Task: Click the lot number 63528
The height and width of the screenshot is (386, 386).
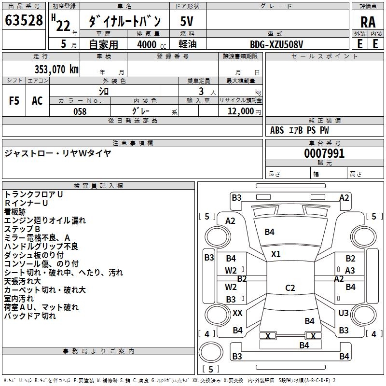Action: point(24,20)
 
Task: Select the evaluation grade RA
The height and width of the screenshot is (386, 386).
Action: point(368,22)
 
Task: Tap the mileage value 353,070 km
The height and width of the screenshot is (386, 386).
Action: point(56,69)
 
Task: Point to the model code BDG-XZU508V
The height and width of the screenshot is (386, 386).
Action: point(276,44)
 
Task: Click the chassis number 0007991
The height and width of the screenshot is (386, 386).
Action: point(324,153)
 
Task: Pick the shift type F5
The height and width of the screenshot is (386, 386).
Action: point(14,101)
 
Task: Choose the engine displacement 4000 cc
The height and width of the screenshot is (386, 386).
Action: point(152,44)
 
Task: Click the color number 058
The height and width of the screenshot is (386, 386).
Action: point(80,111)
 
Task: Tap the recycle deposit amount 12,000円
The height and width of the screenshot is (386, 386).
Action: point(244,111)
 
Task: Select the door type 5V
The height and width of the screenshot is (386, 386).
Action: point(187,21)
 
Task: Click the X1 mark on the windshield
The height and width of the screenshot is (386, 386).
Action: point(276,254)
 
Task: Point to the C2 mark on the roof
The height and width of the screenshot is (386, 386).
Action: point(290,288)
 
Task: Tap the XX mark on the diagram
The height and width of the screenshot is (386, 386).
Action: point(237,313)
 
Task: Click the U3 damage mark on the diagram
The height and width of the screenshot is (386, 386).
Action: point(344,313)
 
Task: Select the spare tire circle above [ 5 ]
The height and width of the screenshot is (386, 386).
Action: point(211,352)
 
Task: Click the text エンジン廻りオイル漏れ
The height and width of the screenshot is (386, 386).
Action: point(45,221)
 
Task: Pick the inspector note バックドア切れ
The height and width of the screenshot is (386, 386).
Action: point(30,316)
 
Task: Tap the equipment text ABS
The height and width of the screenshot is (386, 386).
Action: point(277,130)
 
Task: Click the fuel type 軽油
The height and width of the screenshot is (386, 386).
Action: point(188,44)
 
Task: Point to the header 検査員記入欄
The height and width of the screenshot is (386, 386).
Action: point(98,186)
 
